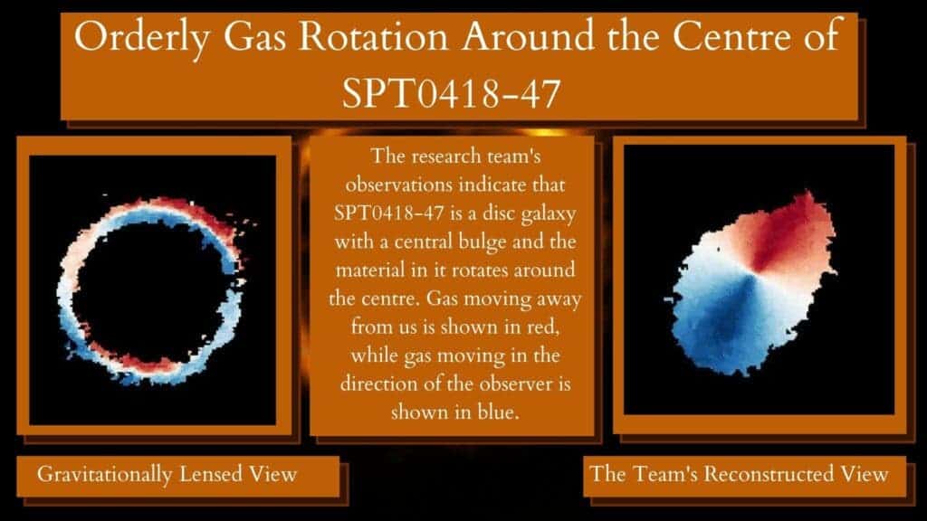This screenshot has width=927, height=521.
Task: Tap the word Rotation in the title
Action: [373, 36]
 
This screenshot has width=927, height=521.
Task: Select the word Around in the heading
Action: [528, 36]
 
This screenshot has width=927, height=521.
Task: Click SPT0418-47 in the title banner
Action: [451, 93]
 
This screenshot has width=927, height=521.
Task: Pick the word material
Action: [369, 270]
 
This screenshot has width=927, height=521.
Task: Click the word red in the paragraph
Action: [543, 327]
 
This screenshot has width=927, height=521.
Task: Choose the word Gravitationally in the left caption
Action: [105, 474]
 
